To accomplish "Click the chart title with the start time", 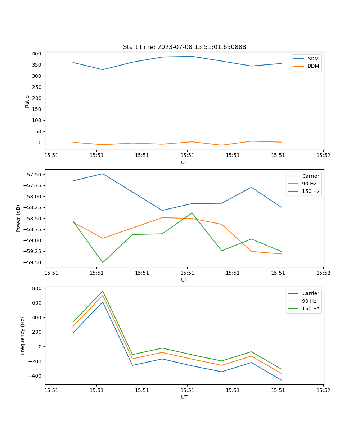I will (184, 47).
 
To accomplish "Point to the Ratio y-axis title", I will (27, 102).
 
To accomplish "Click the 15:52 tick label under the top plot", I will (323, 156).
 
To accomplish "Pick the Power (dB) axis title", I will (18, 218).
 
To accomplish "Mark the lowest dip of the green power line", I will (103, 262).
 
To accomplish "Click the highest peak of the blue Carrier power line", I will (103, 174).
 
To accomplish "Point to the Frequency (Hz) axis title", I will (23, 336).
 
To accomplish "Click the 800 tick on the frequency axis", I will (37, 288).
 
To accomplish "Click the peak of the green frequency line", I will (103, 291).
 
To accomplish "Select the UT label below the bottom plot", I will (184, 397).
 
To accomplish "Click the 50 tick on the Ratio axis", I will (38, 131).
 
